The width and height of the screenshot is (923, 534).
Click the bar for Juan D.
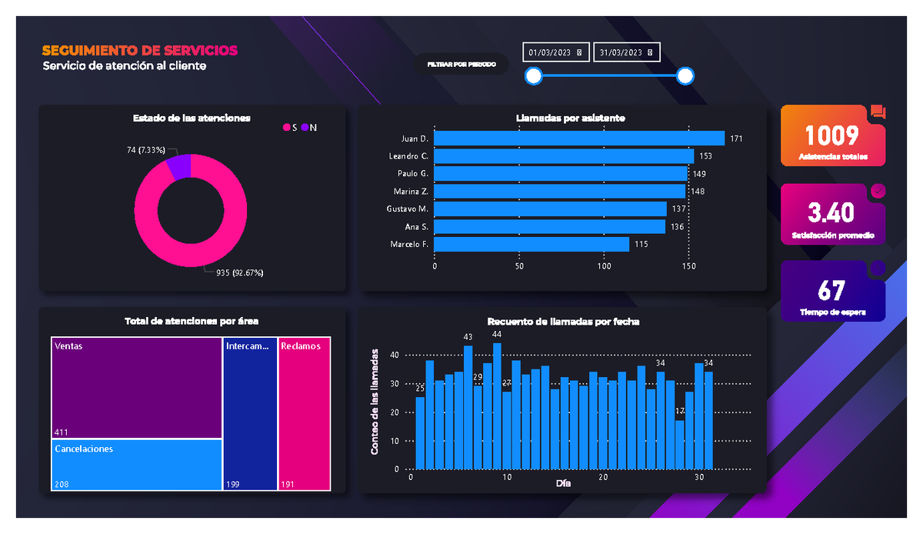point(579,139)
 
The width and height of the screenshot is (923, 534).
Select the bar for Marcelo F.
point(531,244)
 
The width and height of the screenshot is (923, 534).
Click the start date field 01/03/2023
point(555,52)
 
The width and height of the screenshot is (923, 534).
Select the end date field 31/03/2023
point(626,52)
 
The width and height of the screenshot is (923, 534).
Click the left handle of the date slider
point(533,75)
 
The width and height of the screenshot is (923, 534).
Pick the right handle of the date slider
point(685,75)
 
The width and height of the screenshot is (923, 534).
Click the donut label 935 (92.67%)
point(239,272)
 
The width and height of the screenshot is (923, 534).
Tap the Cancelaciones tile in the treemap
point(137,465)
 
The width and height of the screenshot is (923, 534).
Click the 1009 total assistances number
point(831,135)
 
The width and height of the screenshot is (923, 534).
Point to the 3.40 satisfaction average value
point(831,212)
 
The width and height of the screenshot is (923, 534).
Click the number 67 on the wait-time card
point(831,290)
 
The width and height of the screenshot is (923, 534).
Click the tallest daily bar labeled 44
point(497,406)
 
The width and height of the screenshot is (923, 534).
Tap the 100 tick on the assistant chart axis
point(605,266)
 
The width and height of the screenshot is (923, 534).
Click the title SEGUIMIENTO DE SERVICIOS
point(140,51)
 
